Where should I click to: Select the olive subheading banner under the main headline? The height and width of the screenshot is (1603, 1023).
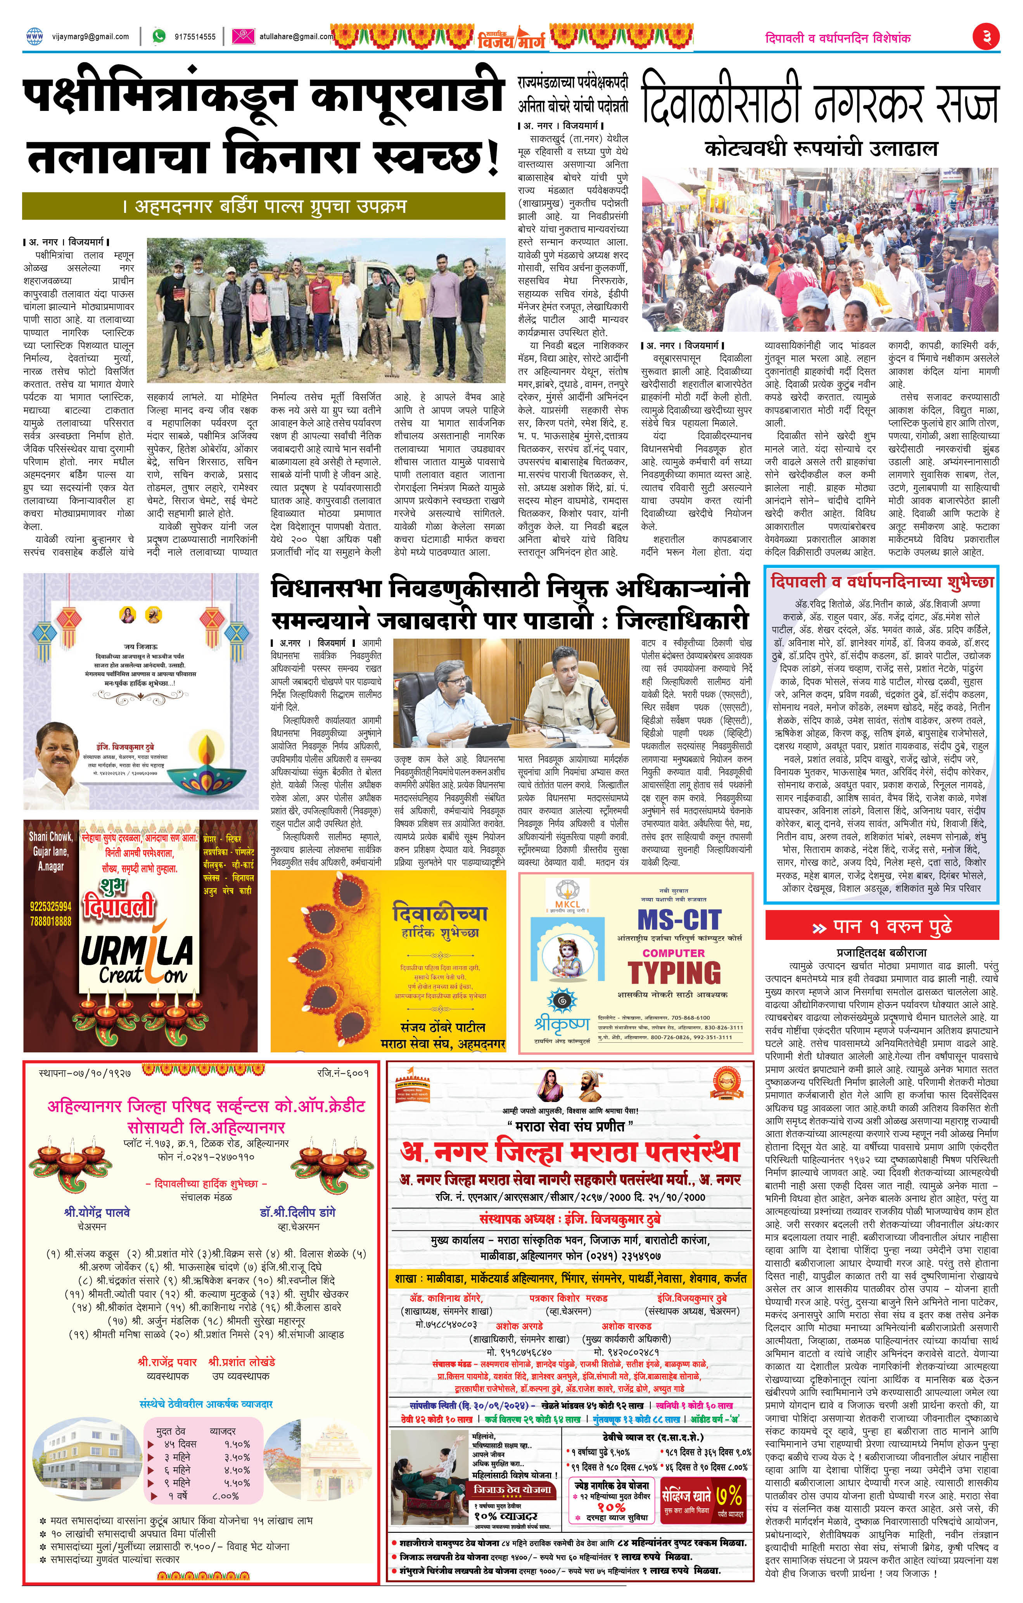point(264,206)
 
